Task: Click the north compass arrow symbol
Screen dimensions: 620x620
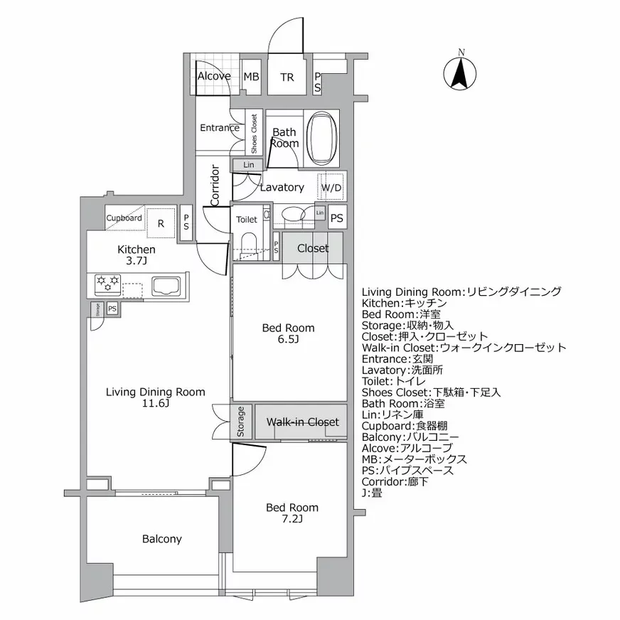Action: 461,72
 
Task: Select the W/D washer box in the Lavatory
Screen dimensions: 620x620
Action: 331,188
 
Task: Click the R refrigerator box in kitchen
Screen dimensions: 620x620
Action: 161,223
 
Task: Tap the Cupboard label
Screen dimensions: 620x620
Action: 124,218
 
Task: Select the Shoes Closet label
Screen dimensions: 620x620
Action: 253,133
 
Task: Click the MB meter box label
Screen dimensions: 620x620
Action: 250,77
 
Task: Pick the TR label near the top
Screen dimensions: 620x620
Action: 287,77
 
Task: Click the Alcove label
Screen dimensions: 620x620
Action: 213,76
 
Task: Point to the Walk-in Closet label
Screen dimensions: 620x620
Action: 302,422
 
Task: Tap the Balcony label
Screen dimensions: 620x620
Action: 161,539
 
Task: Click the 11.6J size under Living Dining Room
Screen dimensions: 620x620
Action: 155,403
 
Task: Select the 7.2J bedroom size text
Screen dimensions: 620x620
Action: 292,519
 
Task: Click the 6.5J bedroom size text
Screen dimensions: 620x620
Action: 288,340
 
